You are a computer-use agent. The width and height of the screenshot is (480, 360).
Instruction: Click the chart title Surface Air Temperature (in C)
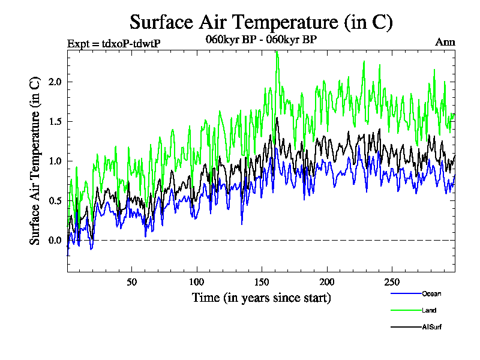[261, 22]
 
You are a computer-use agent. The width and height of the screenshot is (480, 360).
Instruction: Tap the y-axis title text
[35, 161]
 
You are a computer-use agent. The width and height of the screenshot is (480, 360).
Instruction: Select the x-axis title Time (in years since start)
[261, 298]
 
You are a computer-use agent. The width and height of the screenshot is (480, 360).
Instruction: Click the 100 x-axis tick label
[197, 282]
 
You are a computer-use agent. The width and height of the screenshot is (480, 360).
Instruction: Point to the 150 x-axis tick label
[262, 282]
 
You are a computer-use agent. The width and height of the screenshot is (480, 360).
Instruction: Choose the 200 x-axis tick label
[326, 282]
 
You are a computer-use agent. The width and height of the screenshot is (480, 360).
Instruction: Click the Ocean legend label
[431, 293]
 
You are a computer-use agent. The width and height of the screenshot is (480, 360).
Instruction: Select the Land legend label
[429, 310]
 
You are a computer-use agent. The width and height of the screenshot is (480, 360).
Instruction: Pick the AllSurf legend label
[432, 327]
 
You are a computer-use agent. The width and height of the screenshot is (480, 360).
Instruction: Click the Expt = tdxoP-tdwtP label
[114, 43]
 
